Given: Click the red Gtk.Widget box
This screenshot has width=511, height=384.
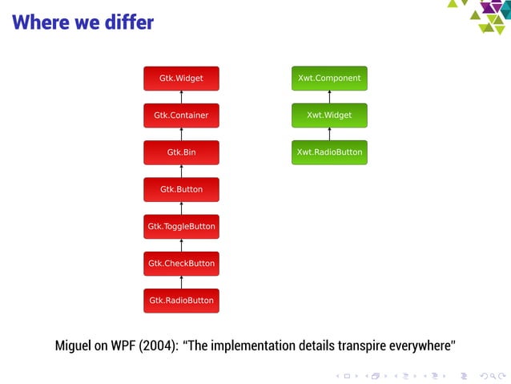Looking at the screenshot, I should [181, 79].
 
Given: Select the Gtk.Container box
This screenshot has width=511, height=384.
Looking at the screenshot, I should [181, 115].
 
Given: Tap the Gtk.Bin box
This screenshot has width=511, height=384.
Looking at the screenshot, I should [181, 152].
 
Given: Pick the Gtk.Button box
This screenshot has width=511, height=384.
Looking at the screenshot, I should [181, 190].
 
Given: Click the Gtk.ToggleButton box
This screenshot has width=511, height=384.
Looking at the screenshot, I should [181, 227].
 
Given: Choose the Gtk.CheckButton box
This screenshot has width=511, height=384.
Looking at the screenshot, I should [181, 264].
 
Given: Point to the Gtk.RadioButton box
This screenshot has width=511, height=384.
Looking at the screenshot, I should [181, 301].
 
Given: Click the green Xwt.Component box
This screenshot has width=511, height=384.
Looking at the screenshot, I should [329, 79].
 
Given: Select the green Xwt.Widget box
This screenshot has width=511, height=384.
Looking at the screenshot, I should [329, 115].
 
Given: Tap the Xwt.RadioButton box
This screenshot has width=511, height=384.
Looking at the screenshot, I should [329, 152].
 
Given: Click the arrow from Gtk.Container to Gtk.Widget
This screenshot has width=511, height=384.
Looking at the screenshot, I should [182, 97].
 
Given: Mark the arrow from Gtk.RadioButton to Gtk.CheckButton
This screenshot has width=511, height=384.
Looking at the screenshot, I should [182, 282].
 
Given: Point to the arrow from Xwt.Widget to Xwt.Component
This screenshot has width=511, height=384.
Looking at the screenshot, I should [329, 97].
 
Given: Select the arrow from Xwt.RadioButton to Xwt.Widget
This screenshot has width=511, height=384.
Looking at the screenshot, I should [329, 134].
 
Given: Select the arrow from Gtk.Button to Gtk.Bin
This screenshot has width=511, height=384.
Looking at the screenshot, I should [182, 171].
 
